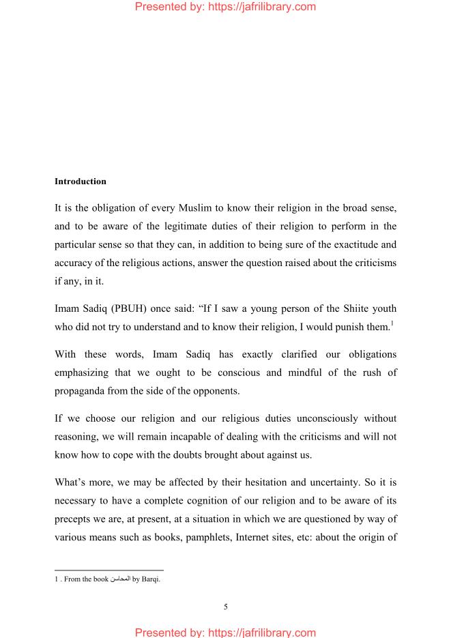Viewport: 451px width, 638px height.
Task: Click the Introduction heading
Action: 81,182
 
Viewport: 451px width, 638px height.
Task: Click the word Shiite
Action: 335,308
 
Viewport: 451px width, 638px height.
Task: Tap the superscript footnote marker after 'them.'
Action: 392,323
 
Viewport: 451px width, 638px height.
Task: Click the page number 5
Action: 225,607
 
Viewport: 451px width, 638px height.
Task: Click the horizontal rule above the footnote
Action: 109,570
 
